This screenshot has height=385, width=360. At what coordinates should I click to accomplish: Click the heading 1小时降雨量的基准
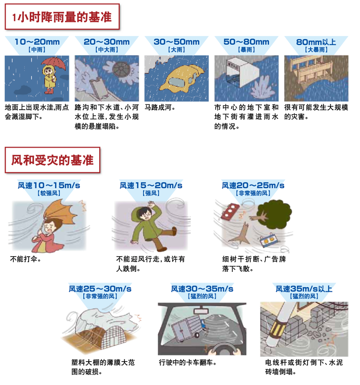(62, 17)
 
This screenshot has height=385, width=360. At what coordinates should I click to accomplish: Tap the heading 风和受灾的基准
(52, 160)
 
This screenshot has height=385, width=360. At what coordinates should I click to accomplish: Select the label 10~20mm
(37, 42)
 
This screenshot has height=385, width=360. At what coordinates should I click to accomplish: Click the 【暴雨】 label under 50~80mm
(246, 49)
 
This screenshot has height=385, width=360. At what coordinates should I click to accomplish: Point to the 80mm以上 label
(316, 42)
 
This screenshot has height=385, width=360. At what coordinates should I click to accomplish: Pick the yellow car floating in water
(181, 77)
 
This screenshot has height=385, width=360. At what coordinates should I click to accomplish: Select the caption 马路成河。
(160, 107)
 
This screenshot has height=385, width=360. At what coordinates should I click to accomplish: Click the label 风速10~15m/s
(49, 186)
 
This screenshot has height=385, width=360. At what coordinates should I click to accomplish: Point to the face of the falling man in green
(145, 214)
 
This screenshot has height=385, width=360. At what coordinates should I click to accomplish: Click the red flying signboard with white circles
(230, 211)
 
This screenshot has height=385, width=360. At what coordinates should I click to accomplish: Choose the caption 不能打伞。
(25, 259)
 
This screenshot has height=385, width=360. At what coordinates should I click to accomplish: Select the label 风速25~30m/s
(100, 289)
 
